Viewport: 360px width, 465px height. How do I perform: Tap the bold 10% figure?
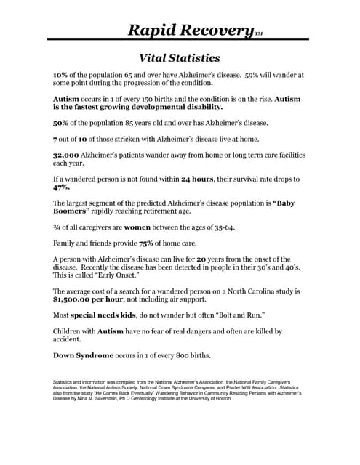pos(61,75)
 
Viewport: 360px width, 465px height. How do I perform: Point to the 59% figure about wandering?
pos(255,75)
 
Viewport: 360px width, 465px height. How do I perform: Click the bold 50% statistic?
pos(61,122)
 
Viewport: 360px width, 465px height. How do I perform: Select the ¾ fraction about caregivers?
pos(57,227)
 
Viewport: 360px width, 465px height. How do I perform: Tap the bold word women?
pos(132,227)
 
